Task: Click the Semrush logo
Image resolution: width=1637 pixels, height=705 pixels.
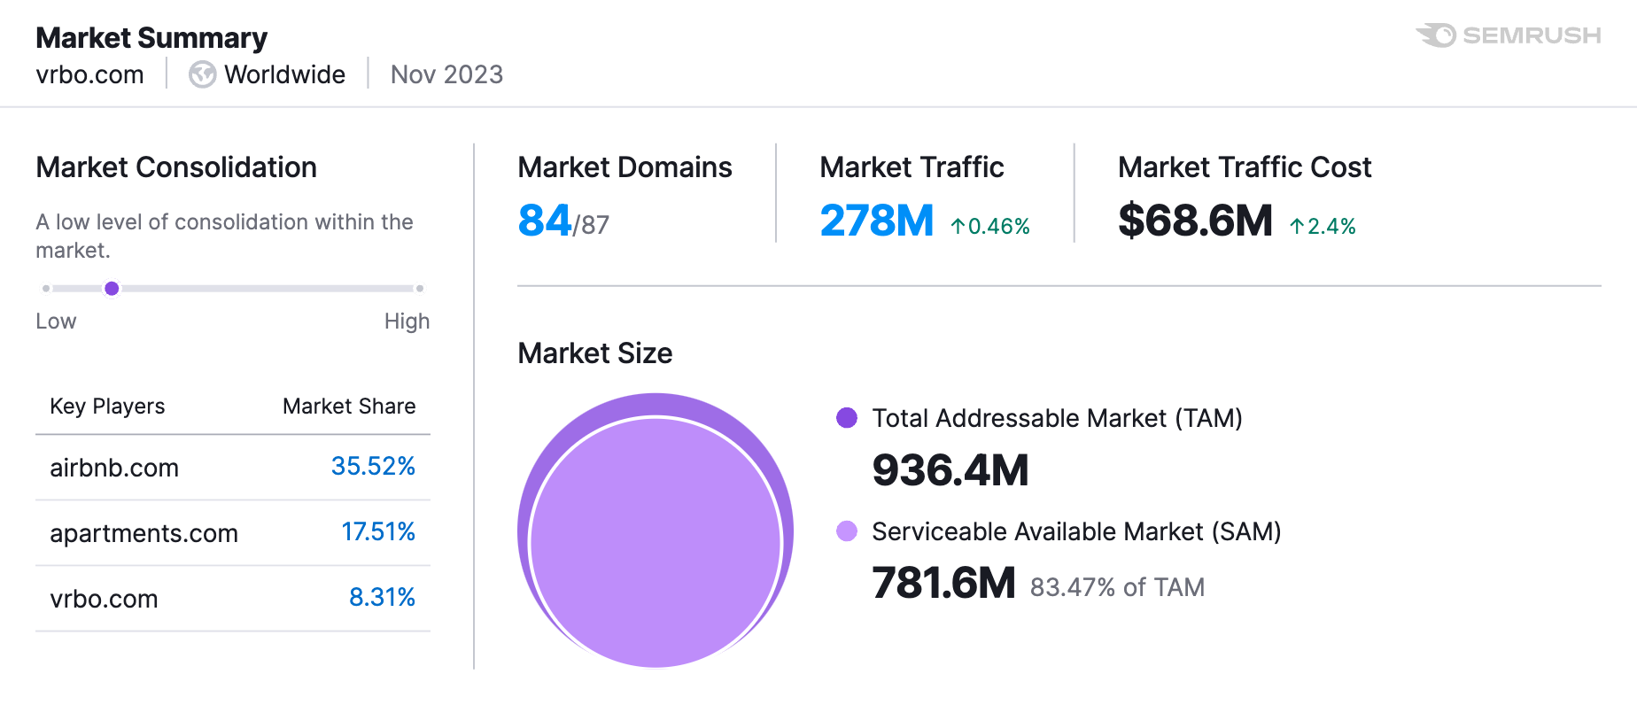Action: [1509, 35]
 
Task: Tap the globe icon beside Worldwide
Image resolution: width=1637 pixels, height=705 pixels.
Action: [202, 74]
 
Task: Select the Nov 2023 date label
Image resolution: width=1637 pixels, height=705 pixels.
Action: [446, 74]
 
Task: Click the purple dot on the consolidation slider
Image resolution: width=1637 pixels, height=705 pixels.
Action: [112, 288]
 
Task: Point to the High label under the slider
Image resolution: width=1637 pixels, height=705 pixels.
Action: [407, 322]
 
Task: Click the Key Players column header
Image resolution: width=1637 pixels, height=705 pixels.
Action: [107, 407]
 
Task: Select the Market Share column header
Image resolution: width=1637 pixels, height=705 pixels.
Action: [349, 407]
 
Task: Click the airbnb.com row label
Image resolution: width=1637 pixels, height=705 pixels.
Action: [114, 468]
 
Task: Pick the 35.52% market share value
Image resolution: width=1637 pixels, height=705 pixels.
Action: [373, 466]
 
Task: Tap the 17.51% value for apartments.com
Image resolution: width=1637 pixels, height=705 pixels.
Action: [378, 531]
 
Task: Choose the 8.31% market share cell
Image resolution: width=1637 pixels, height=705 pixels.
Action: [382, 597]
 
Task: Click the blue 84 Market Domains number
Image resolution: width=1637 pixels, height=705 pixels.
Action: [545, 221]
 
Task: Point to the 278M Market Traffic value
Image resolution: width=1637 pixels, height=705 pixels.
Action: [876, 221]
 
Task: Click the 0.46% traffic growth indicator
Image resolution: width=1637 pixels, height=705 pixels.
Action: [990, 227]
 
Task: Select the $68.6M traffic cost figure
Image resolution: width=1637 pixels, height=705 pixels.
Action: [1195, 221]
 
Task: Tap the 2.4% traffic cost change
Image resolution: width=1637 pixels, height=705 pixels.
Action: [1323, 227]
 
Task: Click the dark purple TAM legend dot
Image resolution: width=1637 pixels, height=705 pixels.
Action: [847, 418]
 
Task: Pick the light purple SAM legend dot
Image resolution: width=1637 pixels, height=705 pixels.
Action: [847, 531]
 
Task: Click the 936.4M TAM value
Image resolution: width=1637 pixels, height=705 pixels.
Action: [950, 469]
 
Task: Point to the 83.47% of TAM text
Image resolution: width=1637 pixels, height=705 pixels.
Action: [1117, 587]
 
